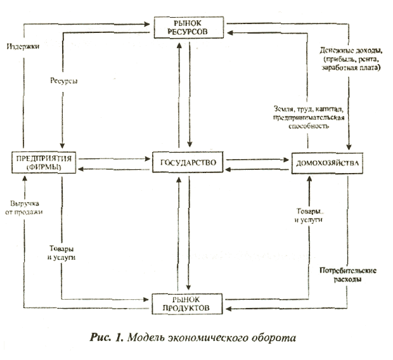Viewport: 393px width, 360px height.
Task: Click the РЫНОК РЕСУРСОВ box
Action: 190,27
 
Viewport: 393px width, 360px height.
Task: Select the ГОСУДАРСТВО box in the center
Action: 190,163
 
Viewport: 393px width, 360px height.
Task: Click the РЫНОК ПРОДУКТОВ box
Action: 190,304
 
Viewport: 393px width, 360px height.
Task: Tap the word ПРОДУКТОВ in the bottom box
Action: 190,309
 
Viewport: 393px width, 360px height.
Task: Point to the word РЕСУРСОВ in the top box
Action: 190,31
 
